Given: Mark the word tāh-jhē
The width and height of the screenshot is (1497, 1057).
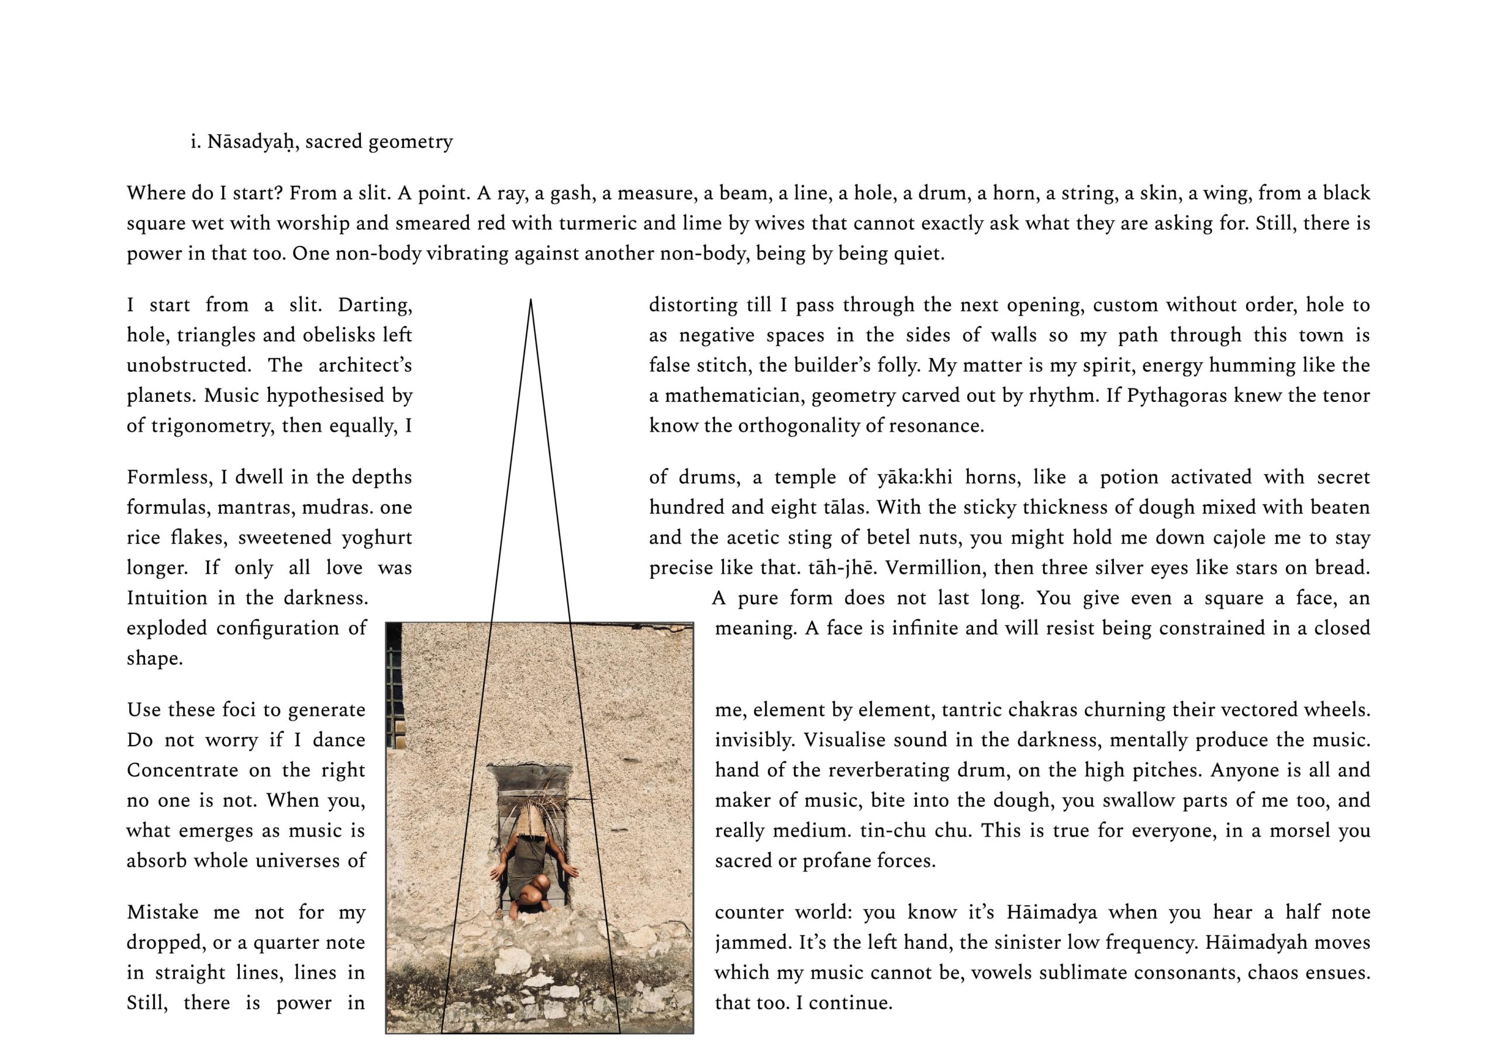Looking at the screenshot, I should (x=841, y=567).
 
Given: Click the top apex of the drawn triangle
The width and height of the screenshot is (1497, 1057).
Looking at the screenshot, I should (x=531, y=300).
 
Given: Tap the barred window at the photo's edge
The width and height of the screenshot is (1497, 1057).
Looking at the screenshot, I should (x=396, y=691).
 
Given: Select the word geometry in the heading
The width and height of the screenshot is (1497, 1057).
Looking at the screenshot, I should (x=410, y=142).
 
